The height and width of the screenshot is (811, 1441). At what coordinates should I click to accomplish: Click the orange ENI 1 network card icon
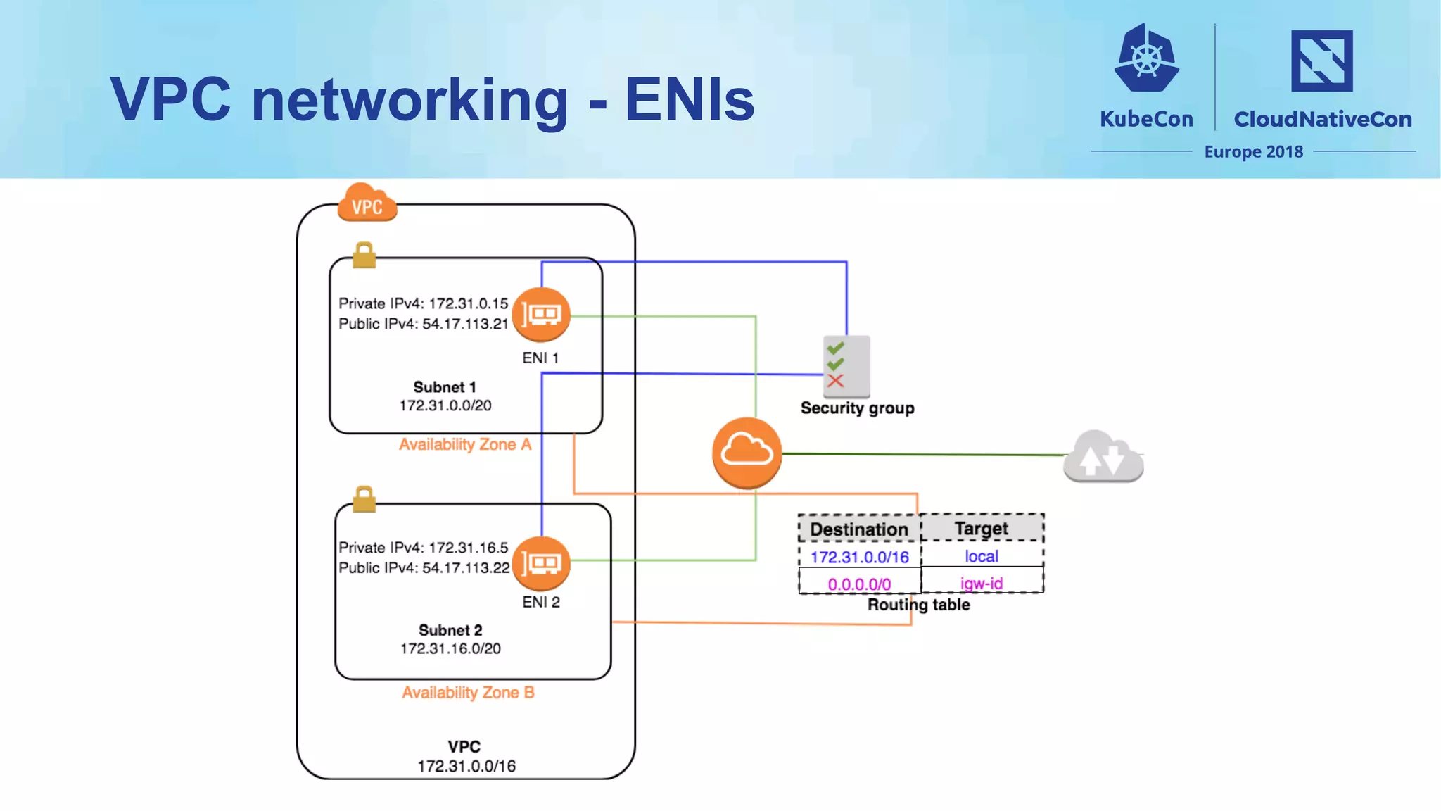click(541, 314)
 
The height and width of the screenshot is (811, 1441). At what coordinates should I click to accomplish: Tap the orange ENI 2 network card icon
click(541, 563)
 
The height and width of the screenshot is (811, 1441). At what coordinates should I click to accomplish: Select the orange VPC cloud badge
click(367, 203)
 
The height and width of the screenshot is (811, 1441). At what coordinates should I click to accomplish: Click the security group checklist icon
click(846, 366)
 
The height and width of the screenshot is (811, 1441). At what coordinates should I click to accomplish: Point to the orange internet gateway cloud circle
click(747, 452)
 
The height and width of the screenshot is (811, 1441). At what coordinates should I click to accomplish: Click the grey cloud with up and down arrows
click(1103, 457)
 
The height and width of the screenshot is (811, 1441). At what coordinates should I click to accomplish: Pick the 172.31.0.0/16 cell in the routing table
click(859, 557)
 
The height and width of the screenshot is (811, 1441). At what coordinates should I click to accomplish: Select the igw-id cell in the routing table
click(982, 583)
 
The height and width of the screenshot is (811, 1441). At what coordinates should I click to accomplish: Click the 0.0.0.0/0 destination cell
click(859, 584)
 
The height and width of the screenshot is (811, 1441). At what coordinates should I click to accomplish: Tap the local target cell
click(982, 556)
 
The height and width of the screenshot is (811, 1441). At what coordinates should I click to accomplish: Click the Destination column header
click(859, 529)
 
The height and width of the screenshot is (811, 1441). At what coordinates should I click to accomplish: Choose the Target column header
click(982, 528)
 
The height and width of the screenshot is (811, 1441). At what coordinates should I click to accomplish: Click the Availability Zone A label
click(465, 444)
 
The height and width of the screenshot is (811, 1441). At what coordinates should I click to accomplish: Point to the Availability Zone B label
click(468, 692)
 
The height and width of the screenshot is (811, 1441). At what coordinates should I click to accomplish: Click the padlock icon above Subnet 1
click(364, 255)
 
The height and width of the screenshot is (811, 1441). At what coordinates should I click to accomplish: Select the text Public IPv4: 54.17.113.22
click(424, 567)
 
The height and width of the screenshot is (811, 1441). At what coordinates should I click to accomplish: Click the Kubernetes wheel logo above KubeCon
click(1146, 59)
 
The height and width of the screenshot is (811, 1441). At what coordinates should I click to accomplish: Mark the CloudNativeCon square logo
click(1321, 61)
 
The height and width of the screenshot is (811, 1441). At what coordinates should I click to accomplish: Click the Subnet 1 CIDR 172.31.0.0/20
click(445, 405)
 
